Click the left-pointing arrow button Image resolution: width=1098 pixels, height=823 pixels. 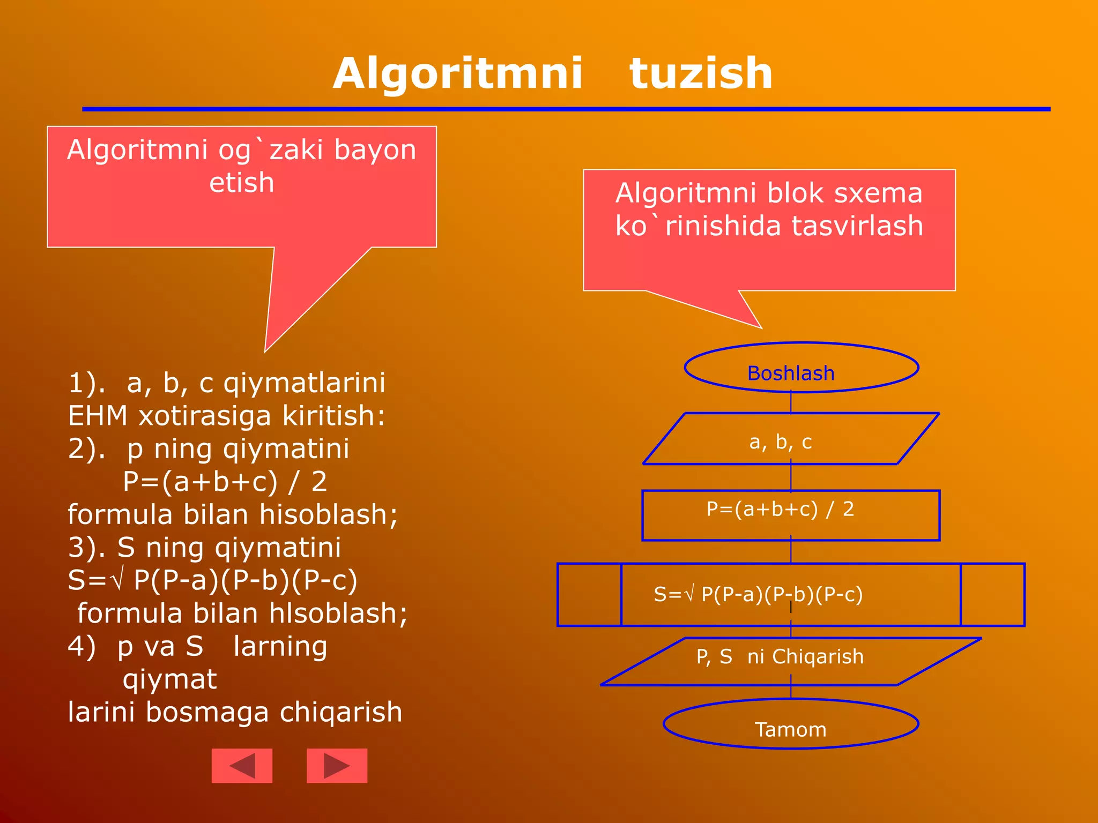(x=242, y=766)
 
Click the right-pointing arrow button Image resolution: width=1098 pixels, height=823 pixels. (x=337, y=766)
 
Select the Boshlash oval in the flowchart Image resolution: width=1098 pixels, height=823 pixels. (x=802, y=368)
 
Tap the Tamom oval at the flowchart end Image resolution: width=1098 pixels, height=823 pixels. (x=791, y=724)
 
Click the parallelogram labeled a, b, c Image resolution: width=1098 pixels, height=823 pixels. (x=790, y=439)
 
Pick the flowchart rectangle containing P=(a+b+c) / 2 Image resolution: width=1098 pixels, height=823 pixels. (x=791, y=515)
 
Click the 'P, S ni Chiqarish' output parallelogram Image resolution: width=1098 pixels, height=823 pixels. (x=791, y=662)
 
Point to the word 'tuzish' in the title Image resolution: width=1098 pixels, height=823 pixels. (x=701, y=73)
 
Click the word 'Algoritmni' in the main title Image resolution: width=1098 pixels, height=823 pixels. (x=457, y=73)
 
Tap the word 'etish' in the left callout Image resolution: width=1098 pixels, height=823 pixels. (x=242, y=183)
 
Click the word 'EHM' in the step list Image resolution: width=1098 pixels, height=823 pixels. (x=98, y=416)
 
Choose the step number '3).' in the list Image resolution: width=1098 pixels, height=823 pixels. (x=86, y=548)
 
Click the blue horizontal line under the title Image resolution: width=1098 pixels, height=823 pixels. (x=566, y=109)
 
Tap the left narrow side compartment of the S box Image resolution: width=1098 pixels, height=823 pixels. (x=589, y=595)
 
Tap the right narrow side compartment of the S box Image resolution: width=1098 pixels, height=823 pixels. (x=992, y=595)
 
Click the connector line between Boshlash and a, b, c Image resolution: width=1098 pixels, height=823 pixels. (x=791, y=402)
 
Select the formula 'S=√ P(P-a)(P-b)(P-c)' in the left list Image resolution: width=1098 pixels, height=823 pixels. (x=212, y=580)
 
